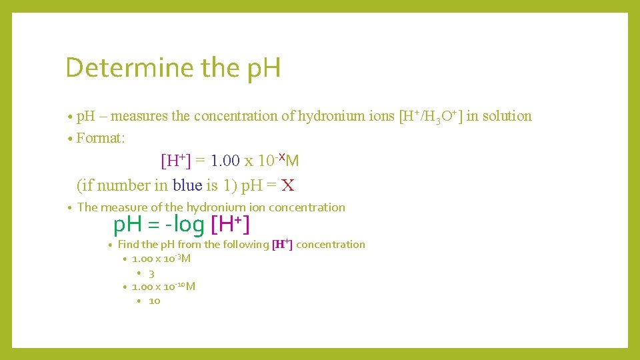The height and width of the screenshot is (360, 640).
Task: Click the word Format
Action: coord(100,138)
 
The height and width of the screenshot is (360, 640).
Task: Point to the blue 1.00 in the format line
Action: coord(225,161)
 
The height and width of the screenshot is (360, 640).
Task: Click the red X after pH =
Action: coord(287,185)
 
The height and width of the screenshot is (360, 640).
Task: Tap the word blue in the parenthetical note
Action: coord(187,185)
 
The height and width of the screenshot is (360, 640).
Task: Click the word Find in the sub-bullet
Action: coord(128,245)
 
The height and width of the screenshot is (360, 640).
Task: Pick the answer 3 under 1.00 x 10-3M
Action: coord(152,273)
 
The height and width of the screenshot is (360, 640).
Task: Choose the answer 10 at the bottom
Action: coord(155,301)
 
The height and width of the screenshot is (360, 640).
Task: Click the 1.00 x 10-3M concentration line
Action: coord(161,259)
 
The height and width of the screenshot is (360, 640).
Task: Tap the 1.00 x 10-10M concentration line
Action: coord(163,287)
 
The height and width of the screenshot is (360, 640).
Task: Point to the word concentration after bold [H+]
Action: coord(330,245)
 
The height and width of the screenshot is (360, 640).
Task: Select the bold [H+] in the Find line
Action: coord(283,244)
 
